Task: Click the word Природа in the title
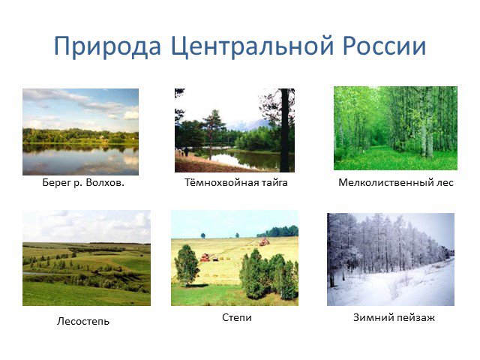pyautogui.click(x=107, y=46)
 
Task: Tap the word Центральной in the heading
pyautogui.click(x=252, y=46)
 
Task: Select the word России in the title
pyautogui.click(x=384, y=46)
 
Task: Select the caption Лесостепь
pyautogui.click(x=83, y=321)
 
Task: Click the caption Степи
pyautogui.click(x=237, y=317)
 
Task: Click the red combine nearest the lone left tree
pyautogui.click(x=208, y=256)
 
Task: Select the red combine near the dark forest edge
pyautogui.click(x=264, y=242)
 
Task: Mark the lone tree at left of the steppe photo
pyautogui.click(x=187, y=265)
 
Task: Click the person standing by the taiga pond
pyautogui.click(x=186, y=151)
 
